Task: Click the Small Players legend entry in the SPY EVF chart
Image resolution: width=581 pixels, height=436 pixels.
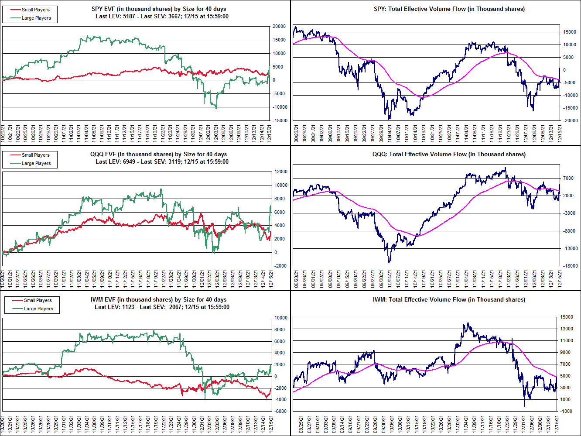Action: click(x=35, y=10)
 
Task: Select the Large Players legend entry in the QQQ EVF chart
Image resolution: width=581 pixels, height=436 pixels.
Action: click(x=36, y=163)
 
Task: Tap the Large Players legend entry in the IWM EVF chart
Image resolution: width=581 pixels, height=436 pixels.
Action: click(x=38, y=309)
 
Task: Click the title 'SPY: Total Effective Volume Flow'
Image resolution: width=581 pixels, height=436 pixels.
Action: click(x=449, y=9)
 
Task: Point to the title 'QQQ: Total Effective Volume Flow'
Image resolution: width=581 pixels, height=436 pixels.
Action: click(x=449, y=154)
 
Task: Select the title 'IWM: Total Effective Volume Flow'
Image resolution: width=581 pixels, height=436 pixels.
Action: click(x=449, y=299)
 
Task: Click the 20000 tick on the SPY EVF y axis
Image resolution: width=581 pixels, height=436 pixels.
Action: click(x=279, y=27)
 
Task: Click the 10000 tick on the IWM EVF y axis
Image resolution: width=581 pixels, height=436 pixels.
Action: click(x=280, y=318)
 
